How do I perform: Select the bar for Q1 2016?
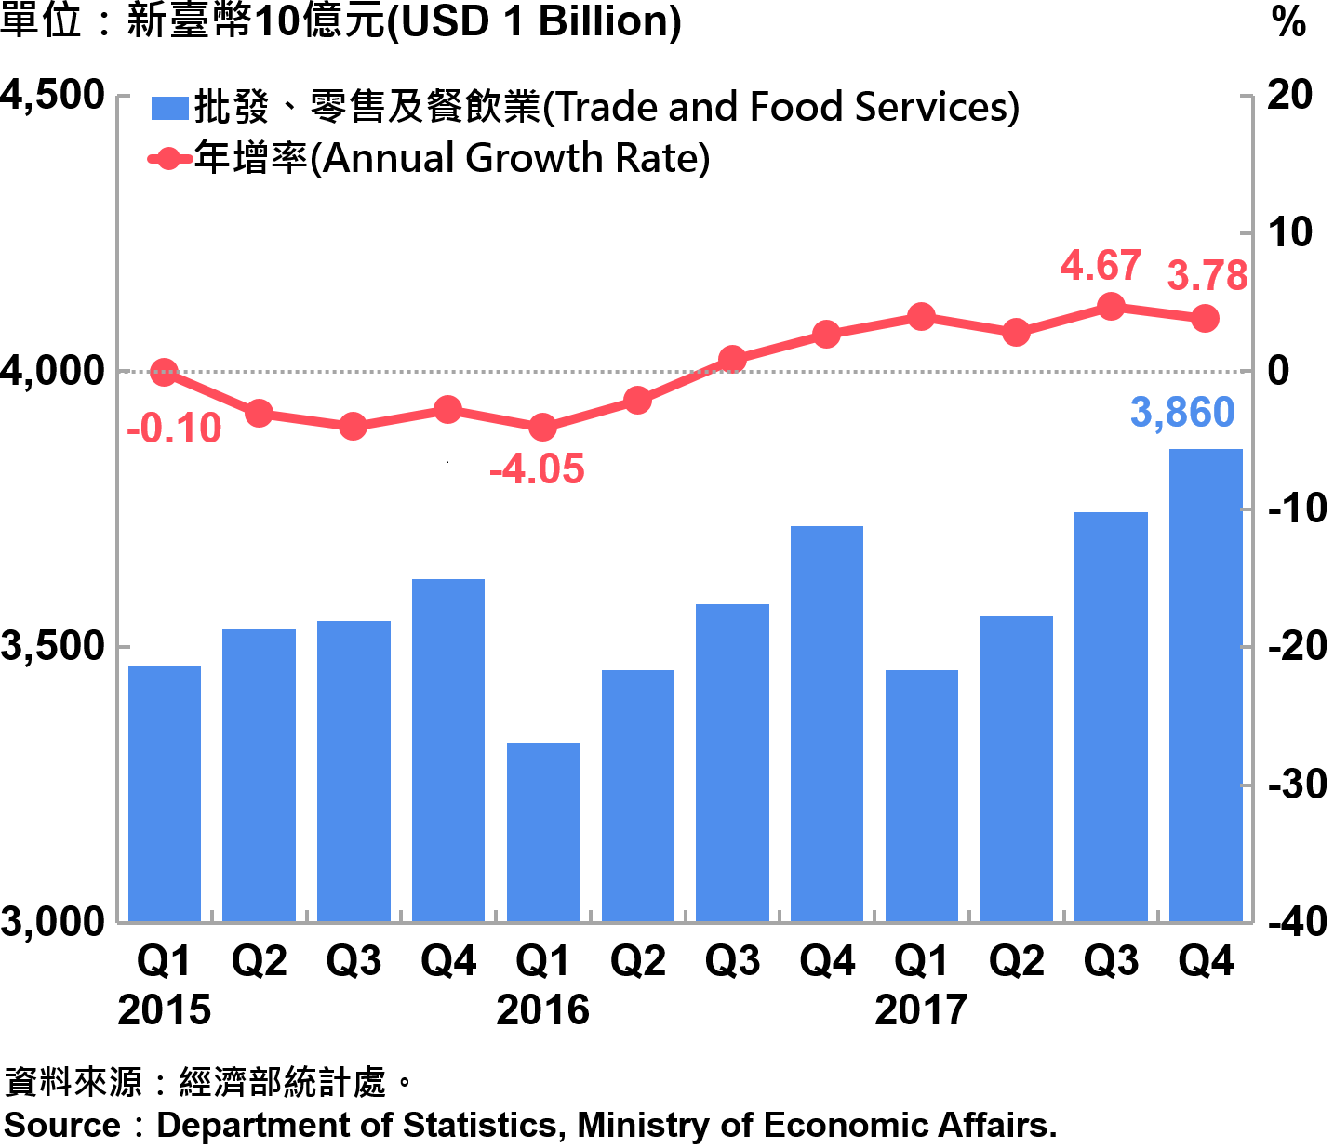click(543, 832)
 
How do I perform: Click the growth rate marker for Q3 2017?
click(1111, 307)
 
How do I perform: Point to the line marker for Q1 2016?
click(543, 428)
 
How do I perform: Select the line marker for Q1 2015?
click(165, 373)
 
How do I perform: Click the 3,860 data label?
click(1182, 413)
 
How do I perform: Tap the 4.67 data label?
click(1101, 267)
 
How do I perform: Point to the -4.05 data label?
click(537, 469)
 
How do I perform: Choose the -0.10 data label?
click(174, 429)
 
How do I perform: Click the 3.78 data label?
click(1207, 276)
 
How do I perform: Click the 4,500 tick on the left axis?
click(53, 95)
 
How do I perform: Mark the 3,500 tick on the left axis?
click(53, 646)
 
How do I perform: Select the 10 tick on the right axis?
click(1290, 232)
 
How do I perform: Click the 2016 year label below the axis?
click(542, 1009)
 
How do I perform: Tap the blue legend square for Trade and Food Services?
click(169, 109)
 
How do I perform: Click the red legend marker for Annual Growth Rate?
click(169, 159)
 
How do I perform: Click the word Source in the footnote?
click(62, 1125)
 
